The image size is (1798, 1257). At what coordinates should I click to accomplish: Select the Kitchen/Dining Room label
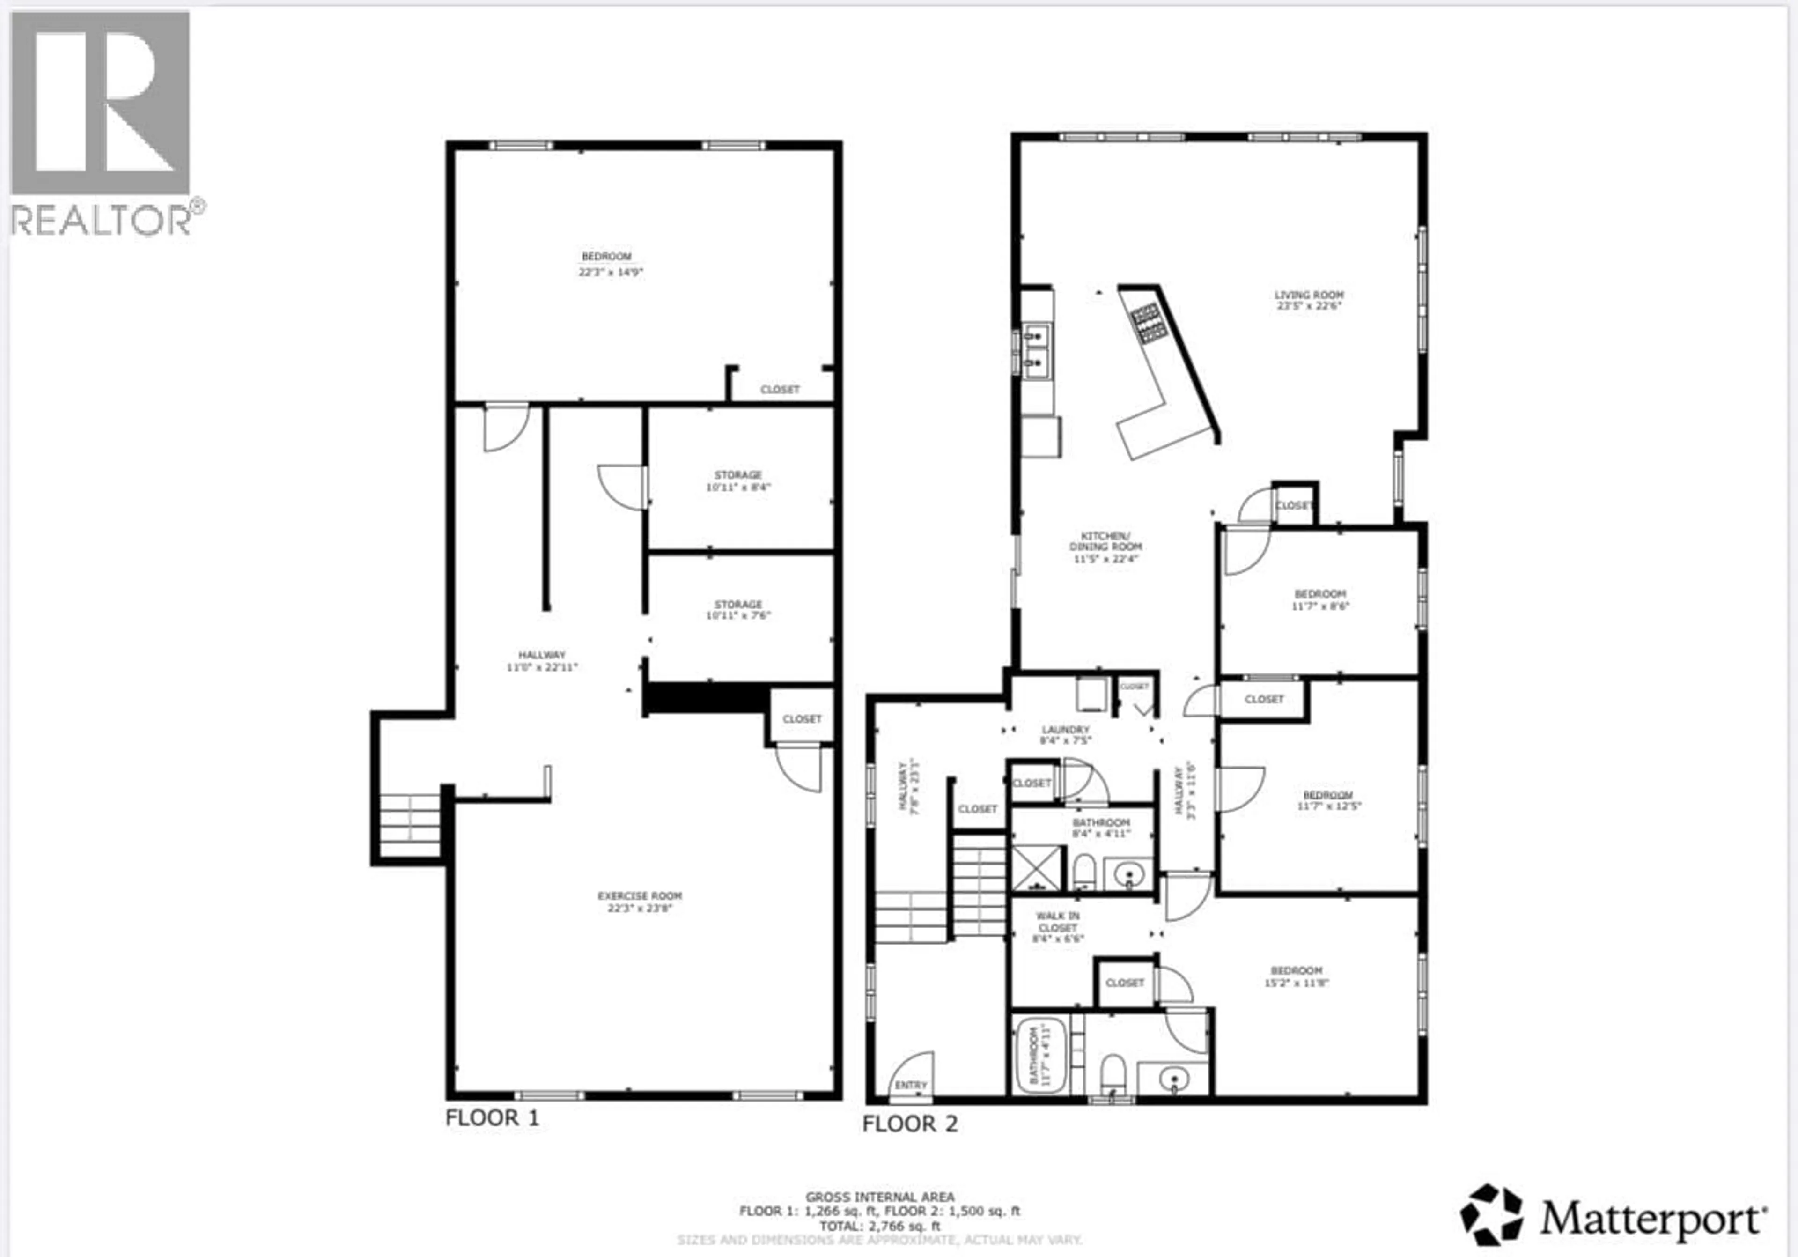point(1105,547)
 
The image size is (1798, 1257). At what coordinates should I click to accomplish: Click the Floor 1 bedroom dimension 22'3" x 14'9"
point(610,273)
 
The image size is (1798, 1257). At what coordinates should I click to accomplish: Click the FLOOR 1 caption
point(492,1117)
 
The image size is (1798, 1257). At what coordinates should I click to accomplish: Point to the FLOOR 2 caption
point(909,1124)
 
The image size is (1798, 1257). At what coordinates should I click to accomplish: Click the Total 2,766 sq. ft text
point(879,1227)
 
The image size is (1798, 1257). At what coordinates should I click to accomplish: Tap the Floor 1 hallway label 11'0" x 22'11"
point(541,661)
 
